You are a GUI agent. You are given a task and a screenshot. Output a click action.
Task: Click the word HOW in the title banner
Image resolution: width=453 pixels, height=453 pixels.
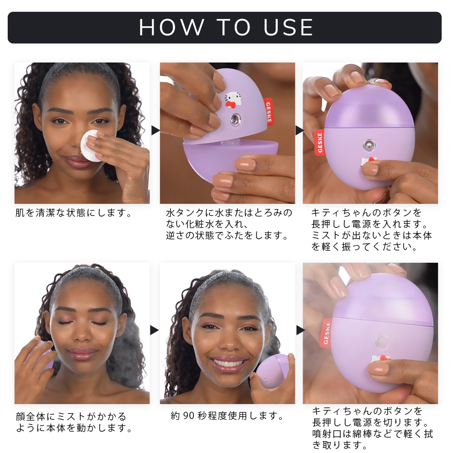(x=172, y=28)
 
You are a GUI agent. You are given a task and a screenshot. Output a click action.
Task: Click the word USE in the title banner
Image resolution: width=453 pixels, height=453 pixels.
(x=288, y=28)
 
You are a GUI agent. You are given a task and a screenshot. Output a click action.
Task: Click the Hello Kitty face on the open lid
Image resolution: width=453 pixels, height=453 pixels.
(x=233, y=100)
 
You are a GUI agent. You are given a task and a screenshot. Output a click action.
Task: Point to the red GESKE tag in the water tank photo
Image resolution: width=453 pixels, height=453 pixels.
(x=268, y=112)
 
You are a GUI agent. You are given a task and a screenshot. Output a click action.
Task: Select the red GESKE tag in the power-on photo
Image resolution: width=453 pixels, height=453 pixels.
(x=319, y=143)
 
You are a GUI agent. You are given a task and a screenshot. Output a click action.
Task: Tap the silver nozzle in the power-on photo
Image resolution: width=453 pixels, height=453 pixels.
(x=369, y=145)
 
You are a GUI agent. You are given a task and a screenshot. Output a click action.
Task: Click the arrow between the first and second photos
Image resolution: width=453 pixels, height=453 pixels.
(x=155, y=130)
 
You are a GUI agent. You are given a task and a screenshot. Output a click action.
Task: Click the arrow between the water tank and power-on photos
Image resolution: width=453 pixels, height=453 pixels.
(x=299, y=130)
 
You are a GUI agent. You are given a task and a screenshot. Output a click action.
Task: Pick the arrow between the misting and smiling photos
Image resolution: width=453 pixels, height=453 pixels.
(x=154, y=330)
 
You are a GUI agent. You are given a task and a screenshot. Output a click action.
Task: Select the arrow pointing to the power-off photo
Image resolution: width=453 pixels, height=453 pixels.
(x=300, y=330)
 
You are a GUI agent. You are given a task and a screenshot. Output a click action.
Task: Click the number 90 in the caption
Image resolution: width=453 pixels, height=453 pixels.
(x=188, y=416)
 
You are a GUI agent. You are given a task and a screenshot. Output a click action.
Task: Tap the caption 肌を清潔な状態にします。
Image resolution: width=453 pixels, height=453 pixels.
(x=74, y=213)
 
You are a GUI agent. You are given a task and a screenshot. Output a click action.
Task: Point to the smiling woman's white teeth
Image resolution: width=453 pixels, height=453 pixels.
(x=229, y=362)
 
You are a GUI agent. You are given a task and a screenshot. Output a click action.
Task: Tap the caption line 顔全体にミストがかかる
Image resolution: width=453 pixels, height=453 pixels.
(x=71, y=417)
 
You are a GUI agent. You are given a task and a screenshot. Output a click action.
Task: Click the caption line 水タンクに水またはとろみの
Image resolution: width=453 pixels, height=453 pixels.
(x=229, y=213)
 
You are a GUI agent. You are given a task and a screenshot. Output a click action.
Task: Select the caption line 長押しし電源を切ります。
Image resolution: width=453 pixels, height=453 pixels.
(x=371, y=422)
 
